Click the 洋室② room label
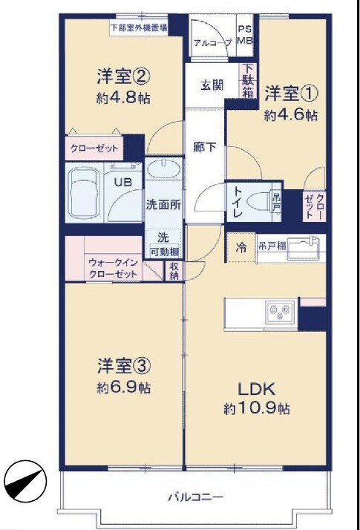[x=123, y=76]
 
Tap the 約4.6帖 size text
[x=291, y=116]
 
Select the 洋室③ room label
[x=124, y=366]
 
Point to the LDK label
[x=257, y=389]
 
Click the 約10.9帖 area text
[x=257, y=409]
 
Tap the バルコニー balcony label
[x=196, y=497]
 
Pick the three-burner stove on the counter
[x=280, y=311]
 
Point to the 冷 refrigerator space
[x=241, y=248]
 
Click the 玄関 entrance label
[x=212, y=85]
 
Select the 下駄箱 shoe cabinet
[x=248, y=81]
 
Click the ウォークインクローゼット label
[x=113, y=268]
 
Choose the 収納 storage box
[x=174, y=271]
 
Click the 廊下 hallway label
[x=205, y=147]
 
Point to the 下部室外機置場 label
[x=140, y=27]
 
